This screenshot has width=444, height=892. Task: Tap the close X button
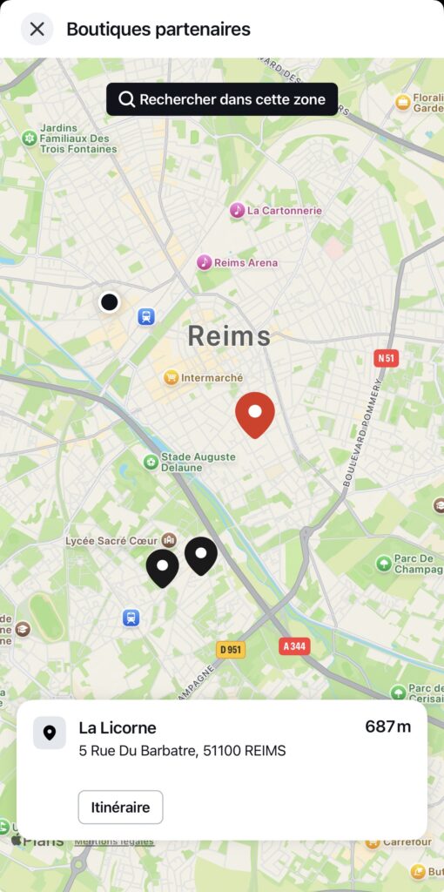(37, 29)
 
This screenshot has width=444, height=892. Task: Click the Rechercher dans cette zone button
(222, 99)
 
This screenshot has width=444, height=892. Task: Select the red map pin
(255, 413)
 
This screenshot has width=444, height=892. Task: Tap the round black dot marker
(109, 301)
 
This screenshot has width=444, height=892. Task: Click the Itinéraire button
(120, 807)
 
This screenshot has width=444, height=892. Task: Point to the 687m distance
(387, 727)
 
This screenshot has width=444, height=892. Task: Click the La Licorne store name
(118, 727)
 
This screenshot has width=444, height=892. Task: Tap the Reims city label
(229, 335)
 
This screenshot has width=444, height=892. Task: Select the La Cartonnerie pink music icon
(237, 210)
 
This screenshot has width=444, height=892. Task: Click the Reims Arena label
(249, 262)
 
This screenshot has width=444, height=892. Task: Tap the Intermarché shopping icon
(172, 377)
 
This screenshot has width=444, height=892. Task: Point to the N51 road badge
(386, 358)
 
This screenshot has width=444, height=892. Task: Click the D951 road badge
(231, 650)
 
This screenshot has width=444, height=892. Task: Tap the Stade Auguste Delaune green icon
(151, 462)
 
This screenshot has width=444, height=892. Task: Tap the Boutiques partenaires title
(158, 29)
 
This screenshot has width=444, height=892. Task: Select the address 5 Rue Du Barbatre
(182, 751)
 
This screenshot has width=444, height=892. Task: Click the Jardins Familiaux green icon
(30, 138)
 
